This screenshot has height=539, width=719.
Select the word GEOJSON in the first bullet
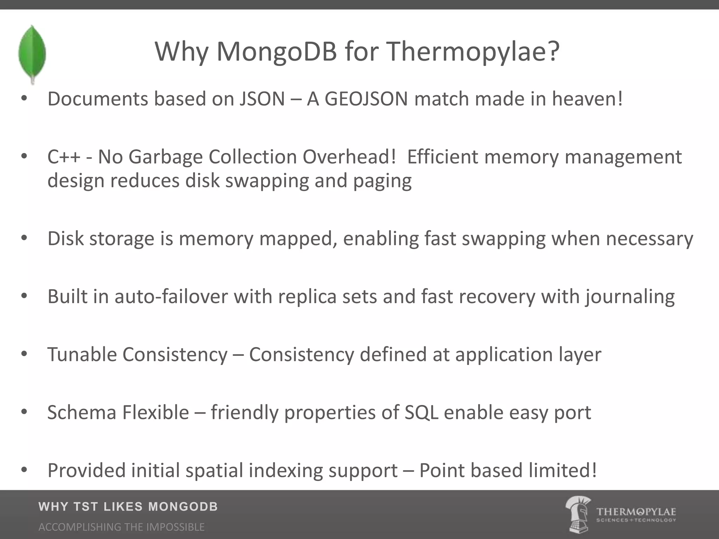point(366,99)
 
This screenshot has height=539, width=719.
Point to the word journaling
point(629,297)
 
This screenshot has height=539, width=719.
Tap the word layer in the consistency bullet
point(580,354)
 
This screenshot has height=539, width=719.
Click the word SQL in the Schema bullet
point(421,412)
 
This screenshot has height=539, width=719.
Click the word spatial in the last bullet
point(214,470)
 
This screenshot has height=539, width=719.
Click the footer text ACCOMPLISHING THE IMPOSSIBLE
point(121,527)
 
